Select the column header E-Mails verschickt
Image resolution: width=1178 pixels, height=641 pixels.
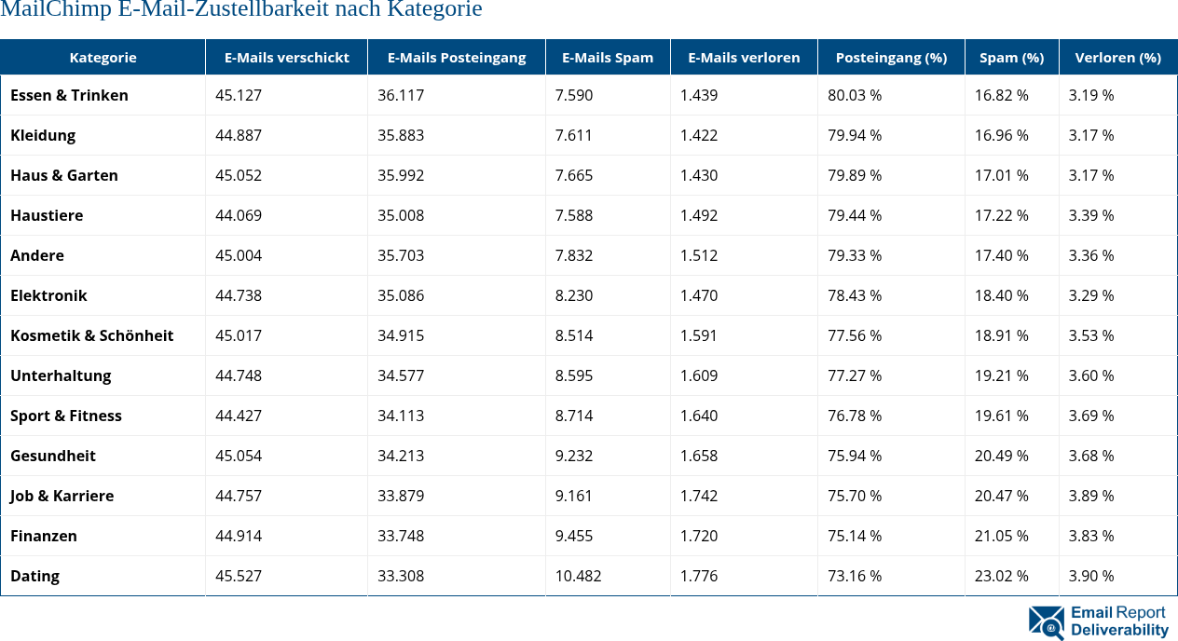[286, 57]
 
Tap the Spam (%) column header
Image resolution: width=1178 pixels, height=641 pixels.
[1011, 57]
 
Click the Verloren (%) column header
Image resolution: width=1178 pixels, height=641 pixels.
[1117, 57]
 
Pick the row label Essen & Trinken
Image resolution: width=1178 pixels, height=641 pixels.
[69, 95]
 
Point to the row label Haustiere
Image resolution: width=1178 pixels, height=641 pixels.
[47, 215]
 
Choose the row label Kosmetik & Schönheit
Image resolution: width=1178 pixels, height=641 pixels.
[91, 335]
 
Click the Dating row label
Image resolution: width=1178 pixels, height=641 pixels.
[34, 576]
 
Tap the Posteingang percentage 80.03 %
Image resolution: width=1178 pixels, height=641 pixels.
[855, 95]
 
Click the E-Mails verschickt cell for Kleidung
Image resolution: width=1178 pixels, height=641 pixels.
[239, 135]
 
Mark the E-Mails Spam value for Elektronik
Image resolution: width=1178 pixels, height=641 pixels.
[574, 295]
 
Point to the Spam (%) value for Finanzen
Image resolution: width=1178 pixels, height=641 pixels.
[1002, 536]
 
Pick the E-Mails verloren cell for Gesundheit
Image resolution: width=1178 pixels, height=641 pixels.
[699, 456]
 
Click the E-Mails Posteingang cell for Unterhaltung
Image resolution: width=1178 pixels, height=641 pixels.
[401, 375]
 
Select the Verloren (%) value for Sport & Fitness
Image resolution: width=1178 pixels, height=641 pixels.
[1091, 416]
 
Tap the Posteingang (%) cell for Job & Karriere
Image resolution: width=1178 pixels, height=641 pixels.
[855, 496]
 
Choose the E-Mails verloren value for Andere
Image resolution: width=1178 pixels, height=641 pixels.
[699, 255]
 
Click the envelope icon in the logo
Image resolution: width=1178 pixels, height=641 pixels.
[1046, 622]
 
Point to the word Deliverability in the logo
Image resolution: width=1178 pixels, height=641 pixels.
[1119, 630]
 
